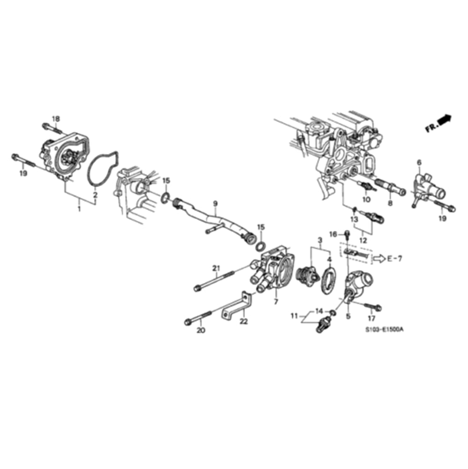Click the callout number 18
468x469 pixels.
point(56,119)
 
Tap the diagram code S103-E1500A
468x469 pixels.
point(384,329)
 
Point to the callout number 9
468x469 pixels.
point(215,203)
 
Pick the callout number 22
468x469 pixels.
point(244,321)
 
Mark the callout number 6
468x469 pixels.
point(419,163)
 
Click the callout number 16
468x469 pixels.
point(333,234)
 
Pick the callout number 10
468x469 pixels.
point(366,200)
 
